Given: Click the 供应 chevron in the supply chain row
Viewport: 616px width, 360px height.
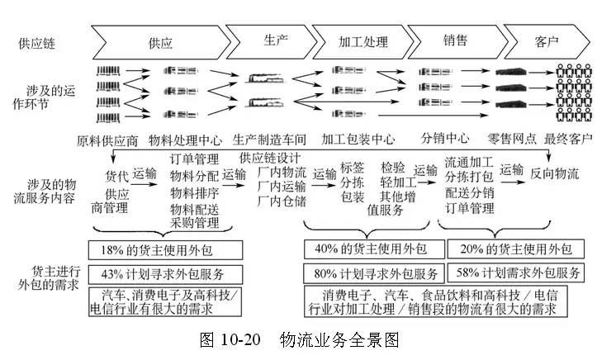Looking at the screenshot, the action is [161, 42].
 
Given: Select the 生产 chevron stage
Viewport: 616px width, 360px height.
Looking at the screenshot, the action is [271, 41].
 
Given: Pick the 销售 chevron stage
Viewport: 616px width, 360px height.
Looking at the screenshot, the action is [456, 41].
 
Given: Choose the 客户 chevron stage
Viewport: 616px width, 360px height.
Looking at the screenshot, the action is [547, 41].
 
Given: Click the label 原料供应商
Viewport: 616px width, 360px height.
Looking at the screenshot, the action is [107, 140].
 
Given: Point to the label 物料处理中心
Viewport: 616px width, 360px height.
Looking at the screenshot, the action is [185, 140].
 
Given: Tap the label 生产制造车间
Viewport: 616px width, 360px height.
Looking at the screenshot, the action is [269, 140].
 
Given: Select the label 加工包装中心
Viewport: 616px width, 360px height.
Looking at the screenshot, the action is [358, 139].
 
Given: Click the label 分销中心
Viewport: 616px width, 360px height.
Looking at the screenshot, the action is [445, 138].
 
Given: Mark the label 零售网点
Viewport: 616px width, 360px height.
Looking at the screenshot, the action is [512, 139].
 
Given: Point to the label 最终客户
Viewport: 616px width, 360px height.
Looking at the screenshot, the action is [568, 139].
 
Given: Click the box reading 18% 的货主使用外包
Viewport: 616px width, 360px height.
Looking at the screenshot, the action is [165, 250].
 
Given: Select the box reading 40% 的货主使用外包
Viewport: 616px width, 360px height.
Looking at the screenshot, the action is [374, 249].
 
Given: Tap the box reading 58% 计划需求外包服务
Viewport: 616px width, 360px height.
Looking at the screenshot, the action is [516, 272].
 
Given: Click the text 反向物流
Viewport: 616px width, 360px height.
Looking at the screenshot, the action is [554, 173].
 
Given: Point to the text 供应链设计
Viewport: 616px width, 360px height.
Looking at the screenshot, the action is [270, 158].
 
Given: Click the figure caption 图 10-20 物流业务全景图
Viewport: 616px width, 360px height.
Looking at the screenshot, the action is [300, 339].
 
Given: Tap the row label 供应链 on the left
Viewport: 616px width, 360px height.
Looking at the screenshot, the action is [37, 43].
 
